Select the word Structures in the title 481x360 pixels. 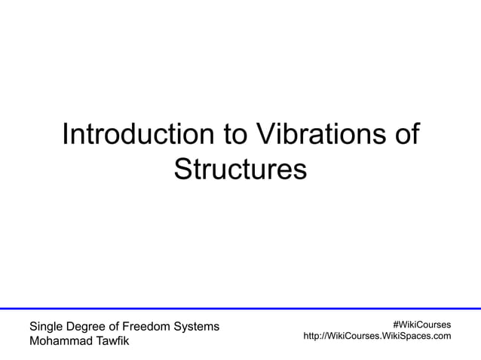pos(240,169)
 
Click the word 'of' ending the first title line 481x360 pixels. pos(406,135)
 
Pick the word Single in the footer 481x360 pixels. pos(46,327)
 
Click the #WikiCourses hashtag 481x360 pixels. pos(421,324)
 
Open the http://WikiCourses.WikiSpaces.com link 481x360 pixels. pos(377,336)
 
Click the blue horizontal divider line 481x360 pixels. pos(240,309)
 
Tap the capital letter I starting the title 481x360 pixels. pos(66,135)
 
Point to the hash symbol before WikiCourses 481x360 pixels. pos(395,324)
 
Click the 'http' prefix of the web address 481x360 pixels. pos(311,336)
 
